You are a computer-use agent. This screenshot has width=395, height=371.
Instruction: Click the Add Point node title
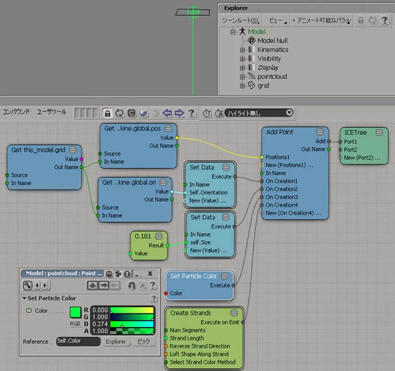[280, 132]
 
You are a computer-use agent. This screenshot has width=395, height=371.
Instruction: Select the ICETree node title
[355, 132]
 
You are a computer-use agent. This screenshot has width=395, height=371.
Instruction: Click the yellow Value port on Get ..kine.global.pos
[177, 138]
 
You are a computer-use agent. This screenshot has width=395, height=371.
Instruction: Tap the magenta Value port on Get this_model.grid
[81, 159]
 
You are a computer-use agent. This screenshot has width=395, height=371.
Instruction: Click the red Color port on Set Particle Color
[166, 293]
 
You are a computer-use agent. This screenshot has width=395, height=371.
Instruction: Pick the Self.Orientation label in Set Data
[208, 192]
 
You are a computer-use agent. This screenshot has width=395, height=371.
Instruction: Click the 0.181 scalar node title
[143, 236]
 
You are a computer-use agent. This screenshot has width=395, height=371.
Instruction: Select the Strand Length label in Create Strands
[187, 338]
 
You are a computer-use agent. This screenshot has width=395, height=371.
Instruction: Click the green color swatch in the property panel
[75, 312]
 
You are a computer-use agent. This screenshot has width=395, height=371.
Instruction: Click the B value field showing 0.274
[100, 324]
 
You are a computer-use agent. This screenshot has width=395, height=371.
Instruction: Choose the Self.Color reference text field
[78, 341]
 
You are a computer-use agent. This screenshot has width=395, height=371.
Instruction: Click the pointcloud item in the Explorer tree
[272, 77]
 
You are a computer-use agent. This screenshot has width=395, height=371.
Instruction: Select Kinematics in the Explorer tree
[273, 50]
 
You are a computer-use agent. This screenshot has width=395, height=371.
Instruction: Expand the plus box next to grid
[242, 86]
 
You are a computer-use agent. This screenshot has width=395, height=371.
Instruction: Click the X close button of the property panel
[150, 273]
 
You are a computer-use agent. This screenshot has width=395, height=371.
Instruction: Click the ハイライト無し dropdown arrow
[289, 113]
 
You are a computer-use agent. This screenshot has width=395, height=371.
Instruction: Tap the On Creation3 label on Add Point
[282, 197]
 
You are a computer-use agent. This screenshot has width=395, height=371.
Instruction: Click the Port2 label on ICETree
[350, 150]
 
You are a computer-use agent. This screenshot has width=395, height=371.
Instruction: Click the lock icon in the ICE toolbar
[108, 113]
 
